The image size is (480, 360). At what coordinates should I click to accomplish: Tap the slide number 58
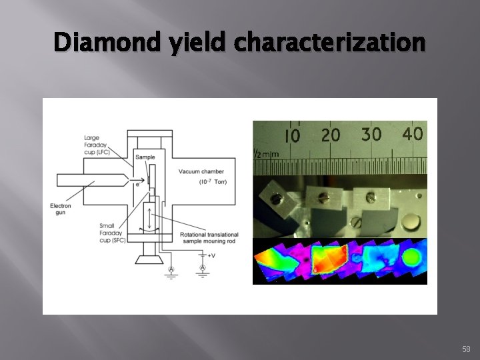point(465,348)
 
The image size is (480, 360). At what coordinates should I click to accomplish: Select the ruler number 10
point(292,136)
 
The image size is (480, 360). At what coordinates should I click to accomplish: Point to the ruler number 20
point(330,135)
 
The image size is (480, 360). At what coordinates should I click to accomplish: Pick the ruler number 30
point(371,134)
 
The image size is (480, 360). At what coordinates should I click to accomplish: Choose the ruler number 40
point(412,133)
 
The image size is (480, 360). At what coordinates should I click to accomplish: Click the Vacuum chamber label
point(197,171)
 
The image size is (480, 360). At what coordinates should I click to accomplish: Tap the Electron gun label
point(61,209)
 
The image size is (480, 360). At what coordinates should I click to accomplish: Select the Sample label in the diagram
point(145,157)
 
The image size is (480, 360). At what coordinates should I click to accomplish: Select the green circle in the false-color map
point(413,257)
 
